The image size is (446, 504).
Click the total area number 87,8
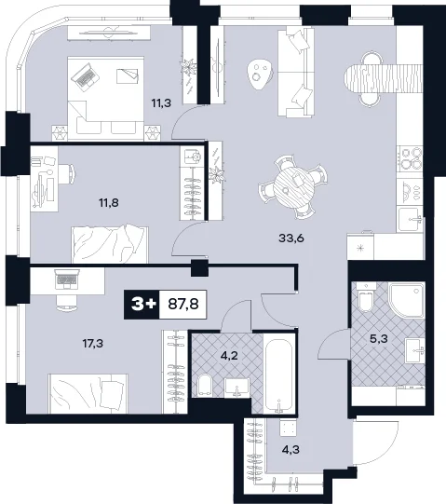pos(183,304)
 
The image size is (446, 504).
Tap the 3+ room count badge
pos(142,304)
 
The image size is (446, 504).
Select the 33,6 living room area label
pos(291,238)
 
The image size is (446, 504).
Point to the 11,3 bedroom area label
pos(161,103)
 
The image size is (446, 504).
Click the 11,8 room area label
pos(109,202)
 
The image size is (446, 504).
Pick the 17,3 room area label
pos(93,344)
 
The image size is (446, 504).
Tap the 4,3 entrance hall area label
pos(291,449)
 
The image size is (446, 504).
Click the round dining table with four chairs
pos(292,187)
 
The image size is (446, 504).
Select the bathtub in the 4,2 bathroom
pos(279,373)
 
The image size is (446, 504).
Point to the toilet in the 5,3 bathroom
pos(365,297)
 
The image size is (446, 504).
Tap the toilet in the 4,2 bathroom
pos(204,385)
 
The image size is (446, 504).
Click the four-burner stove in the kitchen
pos(410,158)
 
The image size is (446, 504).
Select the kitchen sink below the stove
pos(410,220)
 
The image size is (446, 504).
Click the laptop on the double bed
pos(85,76)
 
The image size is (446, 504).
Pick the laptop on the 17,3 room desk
pos(67,279)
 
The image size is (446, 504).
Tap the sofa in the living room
pos(296,72)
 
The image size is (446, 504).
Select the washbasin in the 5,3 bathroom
pos(415,351)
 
